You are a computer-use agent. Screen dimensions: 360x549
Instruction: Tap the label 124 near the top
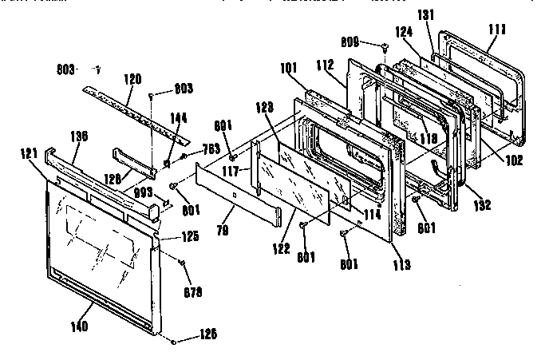pos(405,34)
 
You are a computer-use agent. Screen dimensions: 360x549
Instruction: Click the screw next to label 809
pos(384,46)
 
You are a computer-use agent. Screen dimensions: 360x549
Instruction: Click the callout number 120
pos(132,79)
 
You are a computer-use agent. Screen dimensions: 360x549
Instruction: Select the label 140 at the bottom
pos(80,326)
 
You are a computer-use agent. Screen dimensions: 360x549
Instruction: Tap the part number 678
pos(192,291)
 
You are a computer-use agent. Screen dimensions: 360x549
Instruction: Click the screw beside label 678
pos(184,263)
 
